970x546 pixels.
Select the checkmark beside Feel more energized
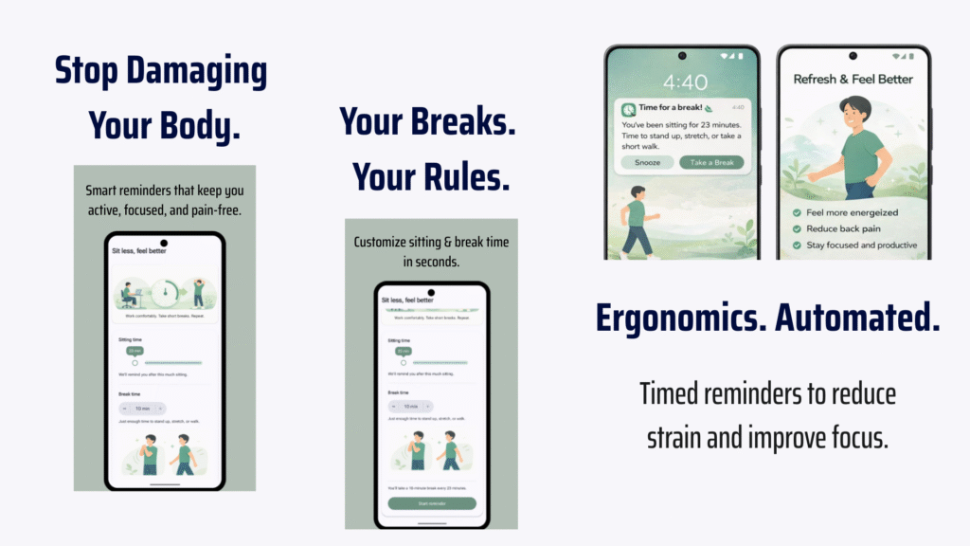click(797, 212)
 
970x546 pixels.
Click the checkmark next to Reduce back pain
click(797, 228)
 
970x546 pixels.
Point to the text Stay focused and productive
click(861, 245)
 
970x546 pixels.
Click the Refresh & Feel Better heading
click(853, 79)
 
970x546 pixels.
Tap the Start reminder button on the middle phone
click(432, 503)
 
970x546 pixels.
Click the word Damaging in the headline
click(201, 71)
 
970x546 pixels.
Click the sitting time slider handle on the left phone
click(135, 362)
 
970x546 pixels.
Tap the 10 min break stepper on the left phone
click(142, 408)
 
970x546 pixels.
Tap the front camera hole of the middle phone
click(431, 293)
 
